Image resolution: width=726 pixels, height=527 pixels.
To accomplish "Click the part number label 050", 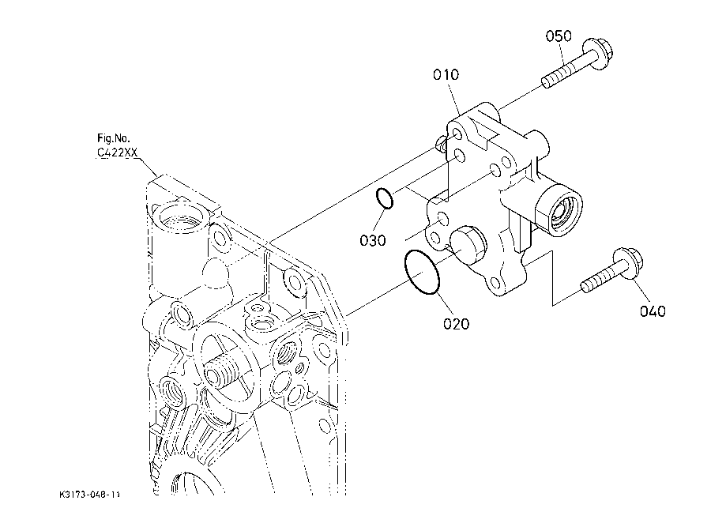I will pyautogui.click(x=558, y=36).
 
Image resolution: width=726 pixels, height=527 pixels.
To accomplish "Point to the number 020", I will pyautogui.click(x=456, y=323).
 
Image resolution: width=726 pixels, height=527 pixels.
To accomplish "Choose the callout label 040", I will pyautogui.click(x=652, y=311).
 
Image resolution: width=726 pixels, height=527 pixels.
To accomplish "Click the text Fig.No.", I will pyautogui.click(x=112, y=137).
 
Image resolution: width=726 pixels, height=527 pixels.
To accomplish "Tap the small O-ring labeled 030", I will pyautogui.click(x=384, y=198).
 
